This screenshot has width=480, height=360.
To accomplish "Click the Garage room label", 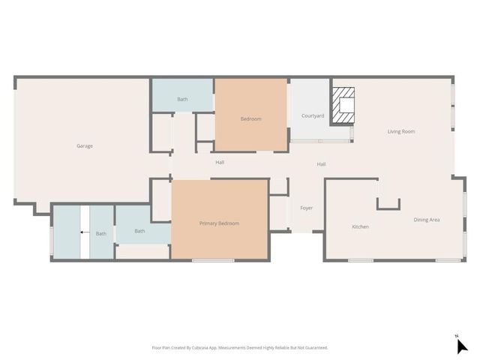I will click(x=85, y=145).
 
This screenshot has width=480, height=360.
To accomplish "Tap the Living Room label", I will click(x=400, y=131).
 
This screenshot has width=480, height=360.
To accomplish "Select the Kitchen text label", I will click(x=360, y=226).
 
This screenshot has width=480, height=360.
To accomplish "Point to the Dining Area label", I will click(x=426, y=220).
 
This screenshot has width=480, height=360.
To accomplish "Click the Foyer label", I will click(x=306, y=208).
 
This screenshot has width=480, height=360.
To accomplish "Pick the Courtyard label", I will click(x=313, y=115).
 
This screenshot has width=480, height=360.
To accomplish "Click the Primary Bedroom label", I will click(x=219, y=223).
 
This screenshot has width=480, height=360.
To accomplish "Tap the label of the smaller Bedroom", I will click(x=250, y=118).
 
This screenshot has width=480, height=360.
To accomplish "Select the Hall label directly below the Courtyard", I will click(x=321, y=164).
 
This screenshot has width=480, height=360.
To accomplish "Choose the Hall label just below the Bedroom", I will click(x=220, y=162).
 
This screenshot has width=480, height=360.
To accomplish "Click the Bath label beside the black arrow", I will click(x=100, y=234).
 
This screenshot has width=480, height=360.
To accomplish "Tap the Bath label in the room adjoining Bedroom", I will click(x=182, y=99).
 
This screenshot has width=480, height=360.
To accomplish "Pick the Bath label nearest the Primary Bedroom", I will click(x=139, y=231).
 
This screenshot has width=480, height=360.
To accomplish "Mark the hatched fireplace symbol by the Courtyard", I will click(x=343, y=104).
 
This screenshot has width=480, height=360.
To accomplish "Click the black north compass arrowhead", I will click(x=462, y=346).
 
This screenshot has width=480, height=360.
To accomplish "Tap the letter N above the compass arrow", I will click(x=456, y=335).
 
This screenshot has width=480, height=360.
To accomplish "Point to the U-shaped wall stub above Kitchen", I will click(x=388, y=204).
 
